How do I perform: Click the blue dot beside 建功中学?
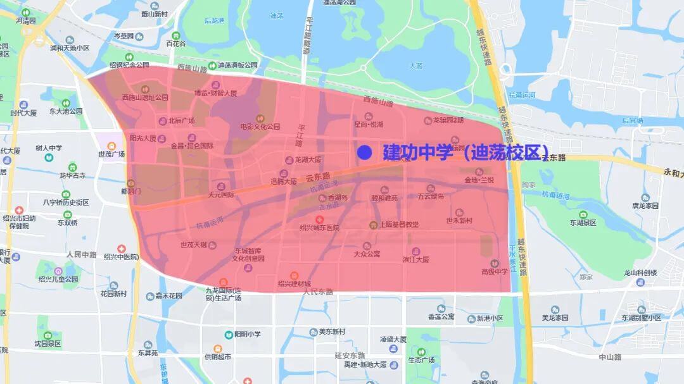click(364, 152)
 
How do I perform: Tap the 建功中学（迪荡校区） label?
click(465, 152)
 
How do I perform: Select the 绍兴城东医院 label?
click(319, 228)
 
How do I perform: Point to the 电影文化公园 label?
click(260, 127)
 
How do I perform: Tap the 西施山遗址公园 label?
click(145, 97)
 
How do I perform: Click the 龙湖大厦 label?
click(308, 160)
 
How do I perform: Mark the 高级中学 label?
click(495, 271)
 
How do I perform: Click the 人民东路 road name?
click(318, 292)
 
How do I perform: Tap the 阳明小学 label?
click(248, 334)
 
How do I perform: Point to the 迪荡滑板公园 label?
click(237, 65)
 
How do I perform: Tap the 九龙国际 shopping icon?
click(223, 282)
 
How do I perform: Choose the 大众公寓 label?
click(367, 254)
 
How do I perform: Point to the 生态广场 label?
click(421, 360)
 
